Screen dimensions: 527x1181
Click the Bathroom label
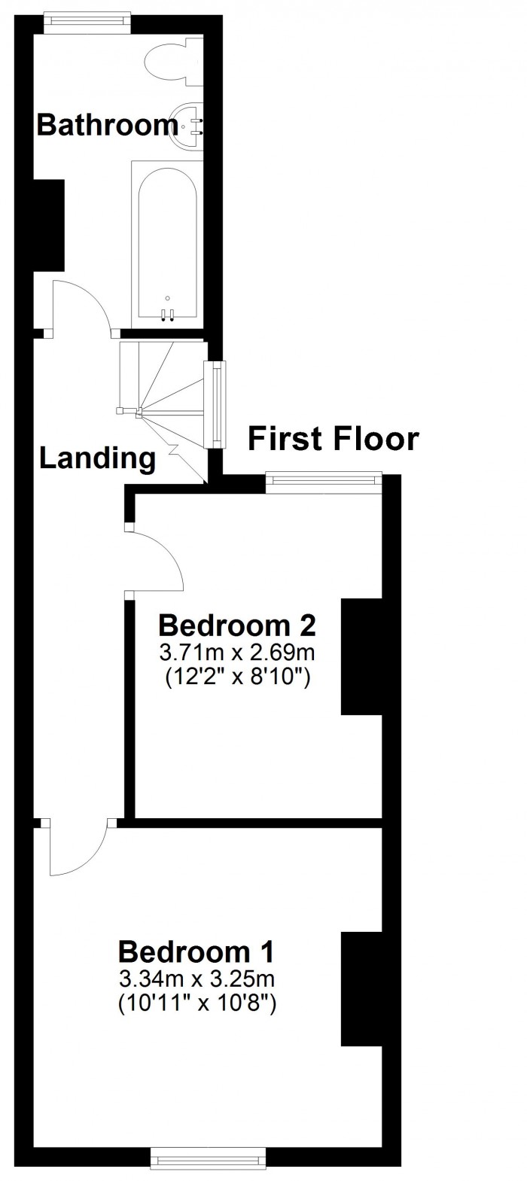108,126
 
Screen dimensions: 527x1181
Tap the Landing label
98,458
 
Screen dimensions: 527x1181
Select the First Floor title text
334,439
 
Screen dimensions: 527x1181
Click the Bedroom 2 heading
237,626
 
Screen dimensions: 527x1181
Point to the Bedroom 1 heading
196,952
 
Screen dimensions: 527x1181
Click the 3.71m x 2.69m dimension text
237,653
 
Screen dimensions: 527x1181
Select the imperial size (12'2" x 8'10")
237,677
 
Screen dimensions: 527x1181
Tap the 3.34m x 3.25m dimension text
196,979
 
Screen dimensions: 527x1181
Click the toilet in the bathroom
174,61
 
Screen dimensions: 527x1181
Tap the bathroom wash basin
187,126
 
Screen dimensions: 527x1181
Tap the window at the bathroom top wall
87,24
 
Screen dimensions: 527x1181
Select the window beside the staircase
215,405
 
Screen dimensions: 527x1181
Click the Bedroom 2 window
324,483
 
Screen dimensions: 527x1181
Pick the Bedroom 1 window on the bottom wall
209,1171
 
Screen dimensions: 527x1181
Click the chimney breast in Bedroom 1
362,988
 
